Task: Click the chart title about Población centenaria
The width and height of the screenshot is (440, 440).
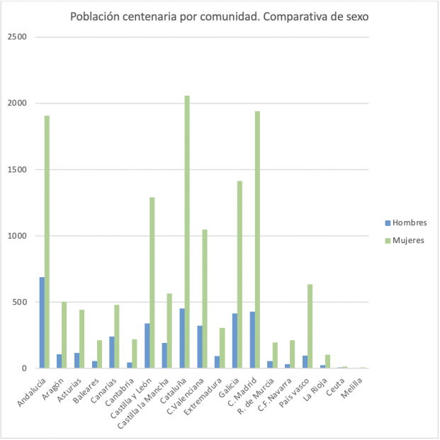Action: (220, 16)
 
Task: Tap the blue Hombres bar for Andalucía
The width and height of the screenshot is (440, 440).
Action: (42, 323)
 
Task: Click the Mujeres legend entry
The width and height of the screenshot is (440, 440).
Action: (405, 240)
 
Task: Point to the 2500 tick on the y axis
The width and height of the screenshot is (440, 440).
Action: (17, 37)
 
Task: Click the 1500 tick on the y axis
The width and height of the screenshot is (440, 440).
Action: (17, 169)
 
